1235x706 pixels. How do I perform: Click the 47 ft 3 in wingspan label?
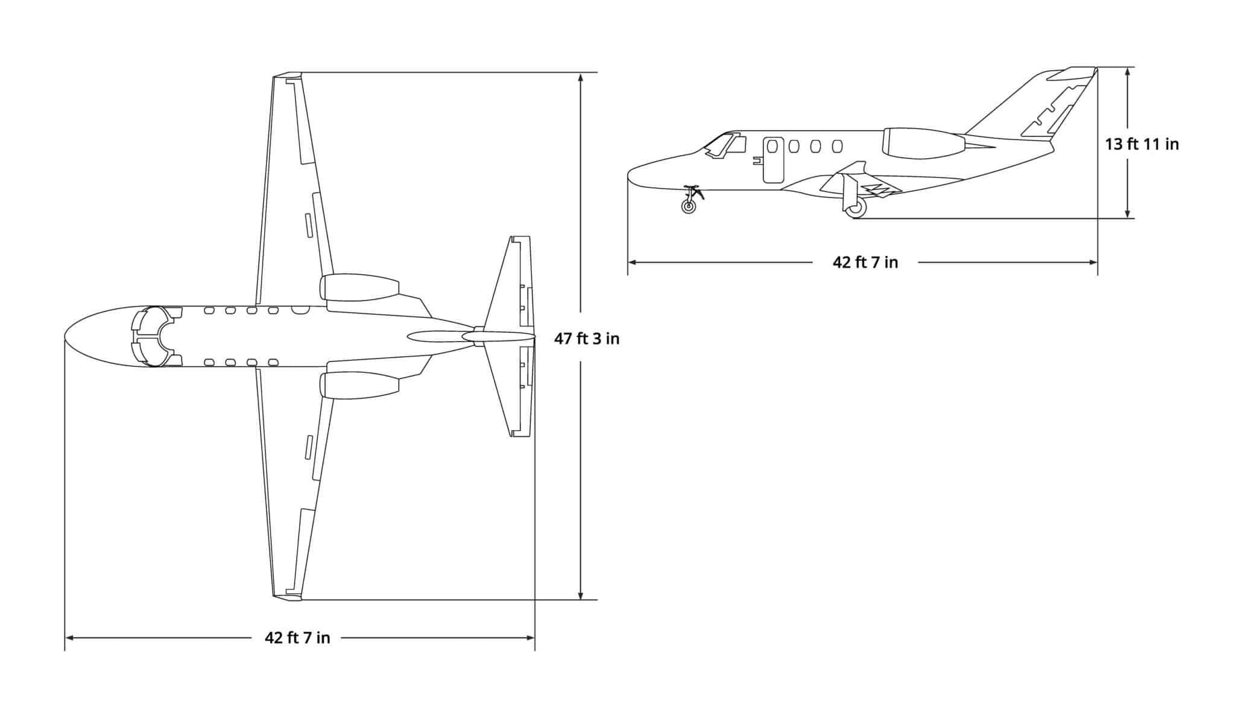coord(587,339)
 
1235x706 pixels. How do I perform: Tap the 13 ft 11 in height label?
coord(1142,144)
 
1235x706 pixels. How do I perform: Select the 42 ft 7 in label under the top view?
coord(297,637)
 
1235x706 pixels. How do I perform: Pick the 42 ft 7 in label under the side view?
coord(865,262)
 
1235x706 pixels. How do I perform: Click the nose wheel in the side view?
coord(689,206)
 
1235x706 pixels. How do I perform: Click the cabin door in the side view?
coord(773,160)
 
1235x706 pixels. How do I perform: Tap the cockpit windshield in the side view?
coord(719,145)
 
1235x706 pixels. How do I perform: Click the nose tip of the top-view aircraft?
coord(66,336)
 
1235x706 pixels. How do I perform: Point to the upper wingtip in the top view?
coord(287,76)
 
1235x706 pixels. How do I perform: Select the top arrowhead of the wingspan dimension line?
coord(581,77)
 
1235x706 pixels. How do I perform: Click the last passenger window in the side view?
coord(836,146)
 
